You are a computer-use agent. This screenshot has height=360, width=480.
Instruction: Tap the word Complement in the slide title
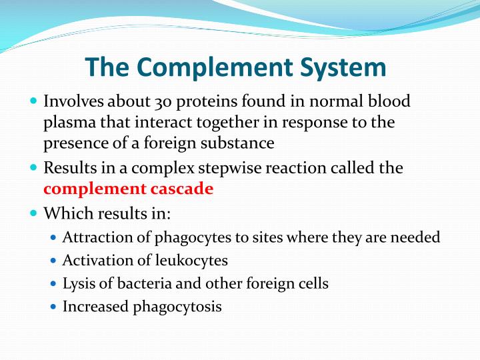coord(203,67)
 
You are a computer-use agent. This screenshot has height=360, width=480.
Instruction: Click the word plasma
coord(67,123)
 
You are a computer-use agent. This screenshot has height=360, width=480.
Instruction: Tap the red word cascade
coord(183,189)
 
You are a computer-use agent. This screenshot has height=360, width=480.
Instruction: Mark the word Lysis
coord(77,283)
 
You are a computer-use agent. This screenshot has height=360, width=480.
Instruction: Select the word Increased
coord(95,307)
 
